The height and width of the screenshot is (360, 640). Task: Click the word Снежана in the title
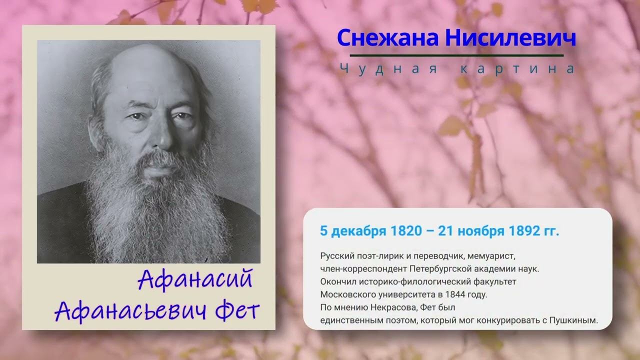[387, 38]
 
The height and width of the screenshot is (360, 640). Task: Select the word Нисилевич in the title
[510, 38]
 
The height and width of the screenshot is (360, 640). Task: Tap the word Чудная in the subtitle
[388, 69]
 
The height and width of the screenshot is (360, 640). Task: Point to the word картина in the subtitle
[517, 69]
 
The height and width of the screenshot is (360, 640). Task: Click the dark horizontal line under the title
[456, 55]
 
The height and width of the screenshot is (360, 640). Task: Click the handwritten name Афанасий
[195, 279]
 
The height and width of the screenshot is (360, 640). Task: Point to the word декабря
[359, 231]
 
